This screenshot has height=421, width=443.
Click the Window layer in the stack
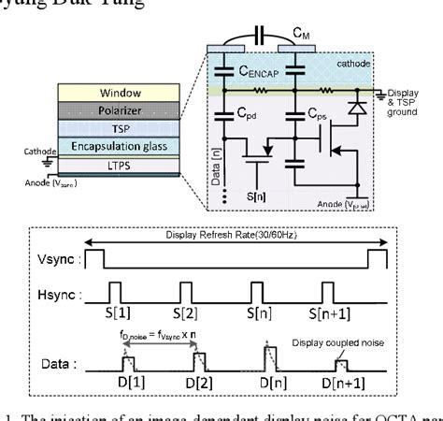(104, 94)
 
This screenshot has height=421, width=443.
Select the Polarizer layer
(104, 111)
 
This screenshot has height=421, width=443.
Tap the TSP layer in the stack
(104, 129)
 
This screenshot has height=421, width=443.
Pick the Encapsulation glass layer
(104, 147)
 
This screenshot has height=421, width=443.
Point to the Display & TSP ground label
(419, 97)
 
